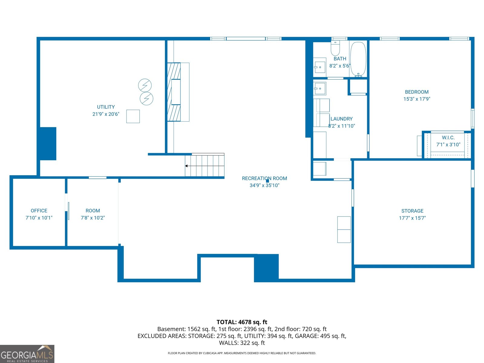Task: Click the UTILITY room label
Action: coord(106,107)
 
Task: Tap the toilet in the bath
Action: coord(335,48)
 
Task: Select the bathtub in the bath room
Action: coord(358,59)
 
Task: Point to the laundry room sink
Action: coord(319,89)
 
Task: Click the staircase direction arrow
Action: coord(187,166)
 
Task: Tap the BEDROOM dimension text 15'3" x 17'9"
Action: coord(417,99)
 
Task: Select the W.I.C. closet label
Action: coord(448,138)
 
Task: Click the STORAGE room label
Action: coord(412,211)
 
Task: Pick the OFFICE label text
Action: coord(39,211)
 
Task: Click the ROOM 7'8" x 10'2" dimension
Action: coord(93,218)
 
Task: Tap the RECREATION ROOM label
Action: coord(264,178)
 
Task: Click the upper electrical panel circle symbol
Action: coord(145,85)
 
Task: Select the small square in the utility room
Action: coord(133,116)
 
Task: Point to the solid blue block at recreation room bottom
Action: coord(266,268)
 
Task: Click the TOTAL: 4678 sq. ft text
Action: coord(242,322)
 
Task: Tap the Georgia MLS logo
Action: coord(27,354)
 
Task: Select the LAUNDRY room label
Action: coord(341,119)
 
